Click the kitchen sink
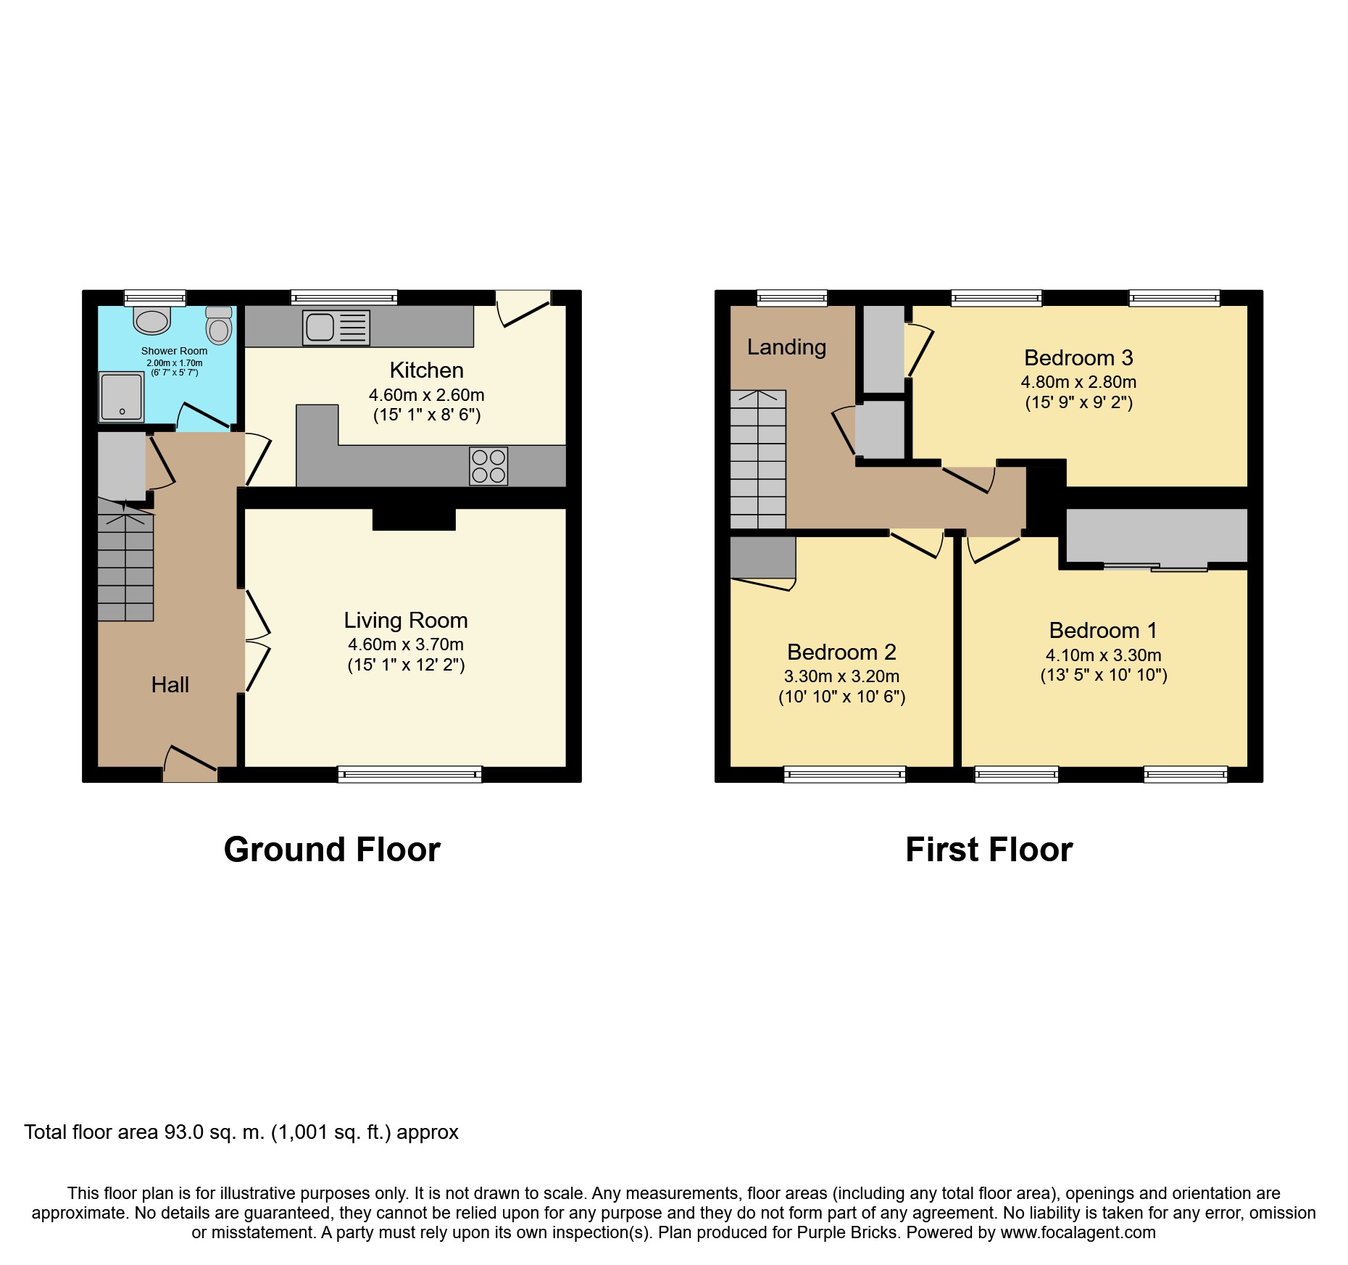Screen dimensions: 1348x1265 (x=336, y=328)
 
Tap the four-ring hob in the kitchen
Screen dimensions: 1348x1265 (x=488, y=466)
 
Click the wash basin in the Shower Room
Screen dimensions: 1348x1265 (x=151, y=319)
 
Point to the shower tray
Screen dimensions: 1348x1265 (x=122, y=397)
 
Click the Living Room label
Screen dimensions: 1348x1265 (x=406, y=621)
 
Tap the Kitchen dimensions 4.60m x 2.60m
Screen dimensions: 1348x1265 (x=427, y=395)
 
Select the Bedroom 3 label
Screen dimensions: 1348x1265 (x=1078, y=357)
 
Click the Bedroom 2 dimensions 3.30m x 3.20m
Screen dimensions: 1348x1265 (x=842, y=676)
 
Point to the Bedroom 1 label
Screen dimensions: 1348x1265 (x=1103, y=630)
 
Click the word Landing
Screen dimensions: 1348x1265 (x=786, y=347)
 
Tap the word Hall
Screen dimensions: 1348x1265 (x=170, y=684)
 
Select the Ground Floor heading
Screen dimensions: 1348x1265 (x=332, y=850)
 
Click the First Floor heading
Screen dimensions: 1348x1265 (x=989, y=850)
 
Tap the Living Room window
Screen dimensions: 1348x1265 (x=409, y=774)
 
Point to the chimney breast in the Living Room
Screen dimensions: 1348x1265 (x=414, y=519)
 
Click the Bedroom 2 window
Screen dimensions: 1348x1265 (x=845, y=774)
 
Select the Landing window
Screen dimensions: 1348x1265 (x=792, y=298)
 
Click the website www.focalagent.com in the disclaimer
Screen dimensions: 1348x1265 (x=1078, y=1232)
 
